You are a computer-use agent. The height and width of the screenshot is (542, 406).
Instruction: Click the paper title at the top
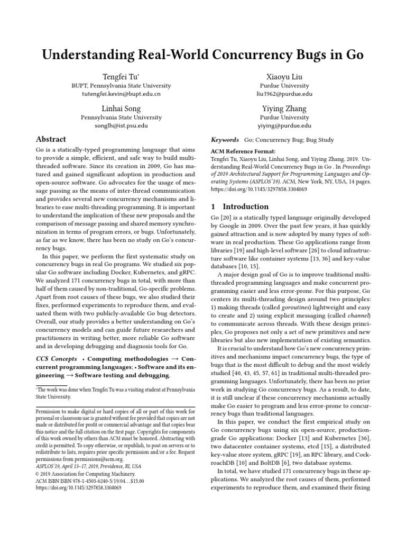coord(203,55)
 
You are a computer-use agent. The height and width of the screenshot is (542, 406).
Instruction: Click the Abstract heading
coord(50,140)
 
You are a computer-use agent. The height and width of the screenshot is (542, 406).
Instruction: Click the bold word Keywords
coord(225,140)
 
